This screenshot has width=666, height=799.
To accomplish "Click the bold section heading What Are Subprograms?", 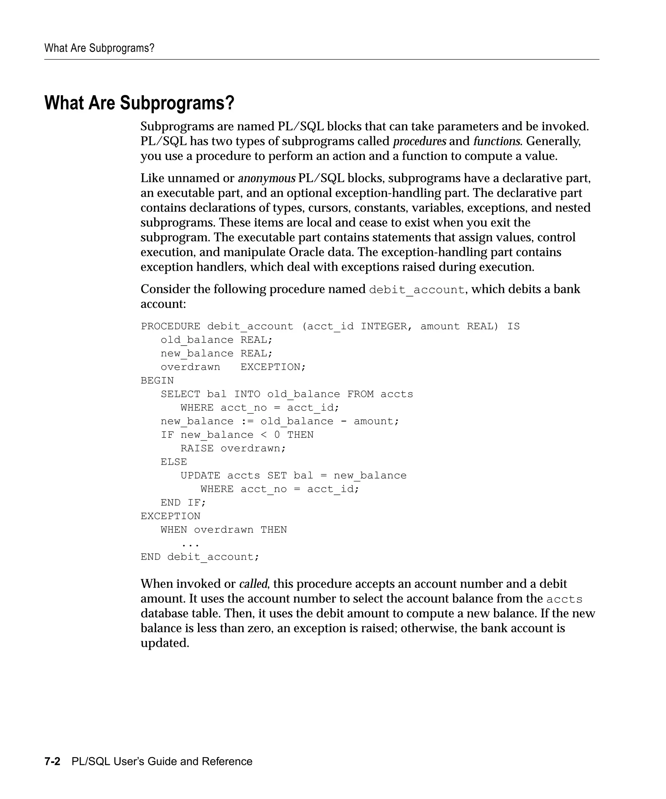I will pos(139,103).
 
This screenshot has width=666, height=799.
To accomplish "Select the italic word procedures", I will pos(420,141).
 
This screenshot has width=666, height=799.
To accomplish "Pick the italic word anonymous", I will pos(266,178).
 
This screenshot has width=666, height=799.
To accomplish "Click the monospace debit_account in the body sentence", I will pos(417,290).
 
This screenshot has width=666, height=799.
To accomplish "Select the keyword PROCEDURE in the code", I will pos(170,326).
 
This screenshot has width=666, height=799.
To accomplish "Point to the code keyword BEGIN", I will pos(157,380).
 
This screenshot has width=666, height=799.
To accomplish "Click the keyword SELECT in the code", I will pos(180,394).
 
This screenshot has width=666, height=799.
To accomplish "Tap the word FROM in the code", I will pos(360,394).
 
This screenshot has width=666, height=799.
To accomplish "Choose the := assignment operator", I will pos(247,421).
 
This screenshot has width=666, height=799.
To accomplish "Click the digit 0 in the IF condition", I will pos(277,435).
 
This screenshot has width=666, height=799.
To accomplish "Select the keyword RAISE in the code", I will pos(197,449).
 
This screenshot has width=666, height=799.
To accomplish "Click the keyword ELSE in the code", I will pos(174,462).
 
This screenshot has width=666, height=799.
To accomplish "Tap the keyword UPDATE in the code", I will pos(200,476).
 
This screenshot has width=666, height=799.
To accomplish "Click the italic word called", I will pos(253,584).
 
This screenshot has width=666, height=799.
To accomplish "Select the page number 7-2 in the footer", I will pos(52,761).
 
